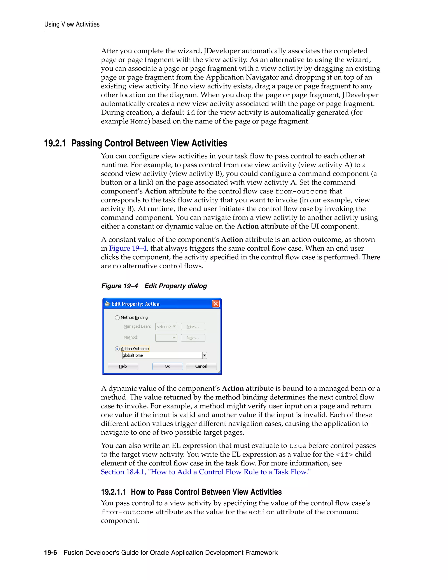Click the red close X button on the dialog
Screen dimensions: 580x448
click(216, 304)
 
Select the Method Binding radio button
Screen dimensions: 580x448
click(117, 318)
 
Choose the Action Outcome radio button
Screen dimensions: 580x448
click(117, 349)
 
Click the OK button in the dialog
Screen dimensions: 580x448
click(168, 366)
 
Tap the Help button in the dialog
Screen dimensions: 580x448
click(123, 366)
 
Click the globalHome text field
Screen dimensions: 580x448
click(162, 355)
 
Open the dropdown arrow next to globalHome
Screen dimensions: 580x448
click(205, 355)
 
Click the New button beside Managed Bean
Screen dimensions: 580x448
click(193, 326)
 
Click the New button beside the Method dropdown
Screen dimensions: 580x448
click(193, 338)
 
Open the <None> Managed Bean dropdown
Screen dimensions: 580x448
click(166, 326)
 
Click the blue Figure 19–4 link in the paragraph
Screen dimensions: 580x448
click(128, 248)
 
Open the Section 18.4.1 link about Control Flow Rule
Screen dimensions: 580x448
click(206, 472)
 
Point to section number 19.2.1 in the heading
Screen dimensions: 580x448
click(55, 143)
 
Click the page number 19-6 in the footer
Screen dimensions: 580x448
click(51, 553)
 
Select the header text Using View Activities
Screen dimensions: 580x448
click(72, 25)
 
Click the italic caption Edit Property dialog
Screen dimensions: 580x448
click(175, 286)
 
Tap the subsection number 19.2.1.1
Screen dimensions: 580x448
click(113, 492)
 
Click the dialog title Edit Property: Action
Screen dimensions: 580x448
click(135, 304)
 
